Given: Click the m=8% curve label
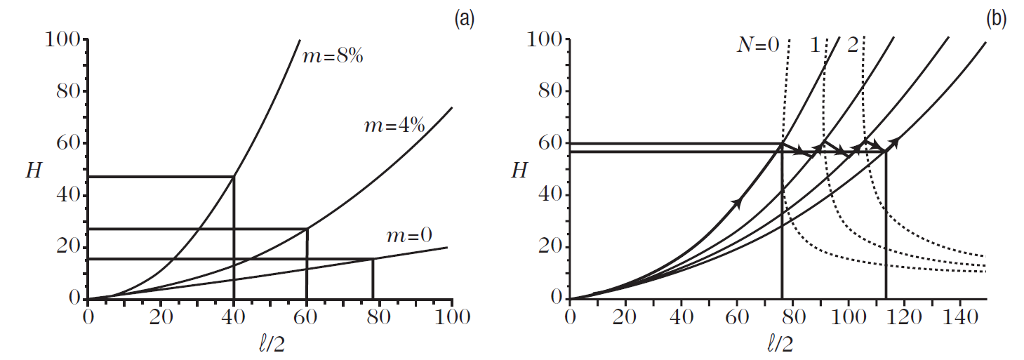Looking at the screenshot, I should (332, 57).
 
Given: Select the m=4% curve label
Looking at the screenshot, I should (394, 126).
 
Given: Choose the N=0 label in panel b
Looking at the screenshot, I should (757, 46).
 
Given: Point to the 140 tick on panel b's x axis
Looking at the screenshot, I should (959, 317).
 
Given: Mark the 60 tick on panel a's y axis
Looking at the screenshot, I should (67, 144).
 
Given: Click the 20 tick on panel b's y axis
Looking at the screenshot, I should (550, 248).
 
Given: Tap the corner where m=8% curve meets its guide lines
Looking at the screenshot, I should (233, 177).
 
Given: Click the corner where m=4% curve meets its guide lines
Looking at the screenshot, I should (307, 229).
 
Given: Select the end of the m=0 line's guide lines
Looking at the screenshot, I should (372, 259).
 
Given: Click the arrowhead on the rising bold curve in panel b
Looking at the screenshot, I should (736, 203).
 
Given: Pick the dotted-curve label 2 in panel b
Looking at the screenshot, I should (852, 46).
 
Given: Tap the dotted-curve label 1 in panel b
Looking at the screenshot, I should (815, 46).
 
